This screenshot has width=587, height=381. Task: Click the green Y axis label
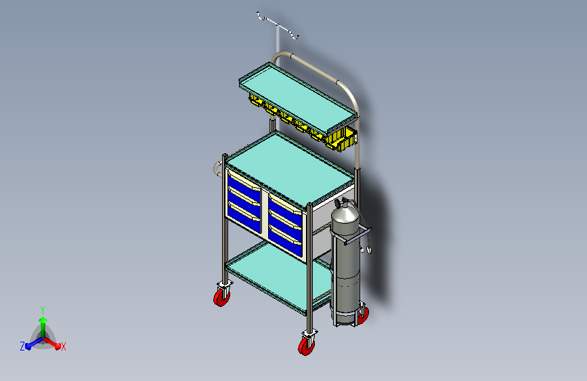point(43,310)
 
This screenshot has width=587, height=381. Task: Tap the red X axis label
point(63,346)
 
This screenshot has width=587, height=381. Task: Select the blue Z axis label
point(22,346)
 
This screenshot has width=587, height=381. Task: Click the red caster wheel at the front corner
point(307,346)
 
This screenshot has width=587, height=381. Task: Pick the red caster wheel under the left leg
point(221,298)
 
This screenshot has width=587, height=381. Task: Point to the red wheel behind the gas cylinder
point(363,315)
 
